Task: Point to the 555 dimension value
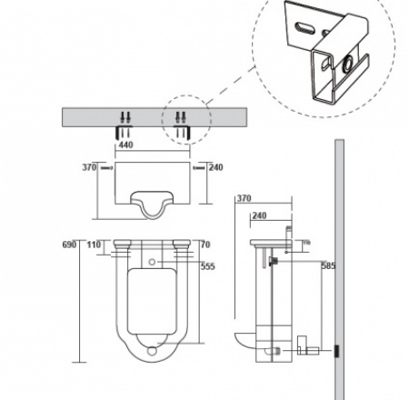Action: coord(208,266)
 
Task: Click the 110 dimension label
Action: coord(94,245)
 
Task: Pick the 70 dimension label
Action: coord(205,245)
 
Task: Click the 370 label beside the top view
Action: coord(89,168)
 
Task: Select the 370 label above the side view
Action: coord(243,199)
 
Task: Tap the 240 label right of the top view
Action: coord(216,168)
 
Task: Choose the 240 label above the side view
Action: coord(259,216)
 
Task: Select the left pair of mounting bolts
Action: coord(126,116)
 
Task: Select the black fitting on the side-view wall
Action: coord(335,349)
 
